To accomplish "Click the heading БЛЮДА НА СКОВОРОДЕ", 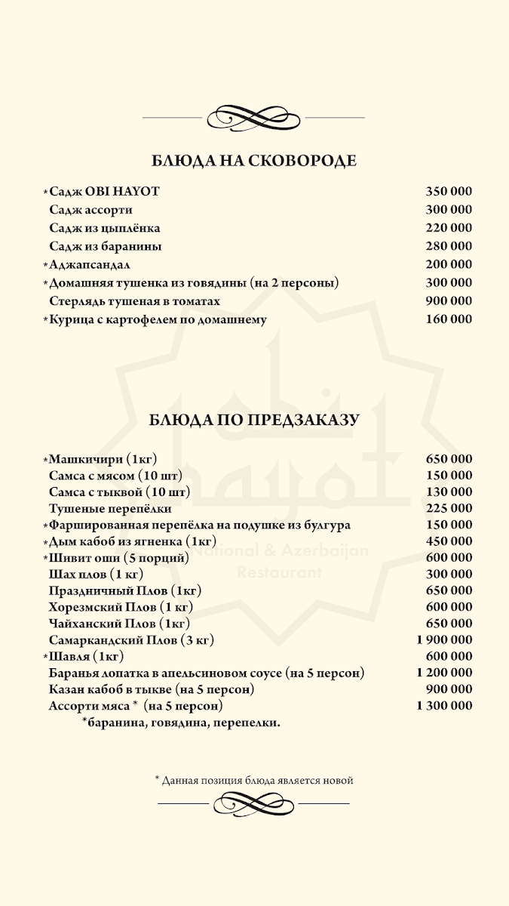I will (254, 161).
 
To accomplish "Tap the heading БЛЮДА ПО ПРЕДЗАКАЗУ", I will (254, 420).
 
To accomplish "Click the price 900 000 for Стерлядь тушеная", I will (449, 300).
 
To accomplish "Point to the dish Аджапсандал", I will (90, 264).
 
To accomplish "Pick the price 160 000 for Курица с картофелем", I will (449, 319).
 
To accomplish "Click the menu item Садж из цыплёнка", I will (105, 228).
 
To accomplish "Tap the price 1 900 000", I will (444, 639).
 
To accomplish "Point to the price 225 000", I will (449, 508).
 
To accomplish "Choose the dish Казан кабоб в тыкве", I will (152, 689).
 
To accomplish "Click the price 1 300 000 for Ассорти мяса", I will (444, 706).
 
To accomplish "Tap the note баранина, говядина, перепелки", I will (181, 723).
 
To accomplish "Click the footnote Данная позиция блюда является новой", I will (254, 780).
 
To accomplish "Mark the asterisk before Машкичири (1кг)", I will (45, 460).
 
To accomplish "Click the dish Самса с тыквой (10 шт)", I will (119, 492).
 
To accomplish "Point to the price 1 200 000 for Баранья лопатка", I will (444, 673).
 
